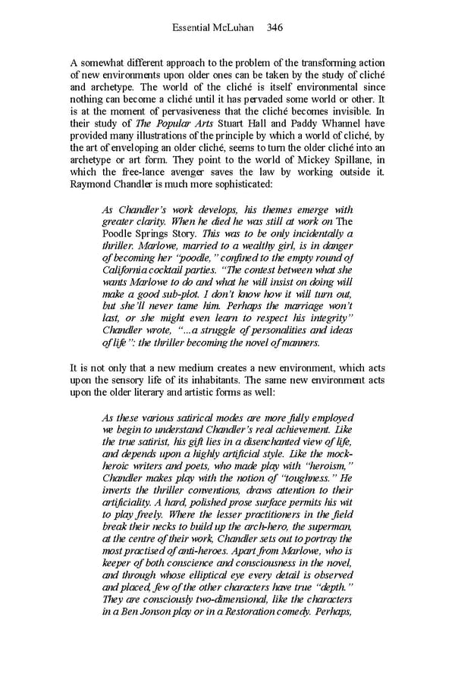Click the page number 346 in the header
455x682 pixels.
[275, 28]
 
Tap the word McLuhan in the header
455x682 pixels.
[235, 28]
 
